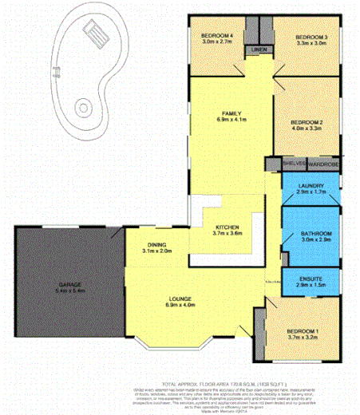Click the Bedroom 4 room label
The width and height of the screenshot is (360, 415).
point(216,36)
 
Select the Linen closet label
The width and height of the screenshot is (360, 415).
point(257,50)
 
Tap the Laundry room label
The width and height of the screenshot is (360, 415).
point(310,187)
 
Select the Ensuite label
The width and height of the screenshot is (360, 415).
point(310,278)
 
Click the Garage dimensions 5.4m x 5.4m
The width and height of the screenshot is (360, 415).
point(69,290)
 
